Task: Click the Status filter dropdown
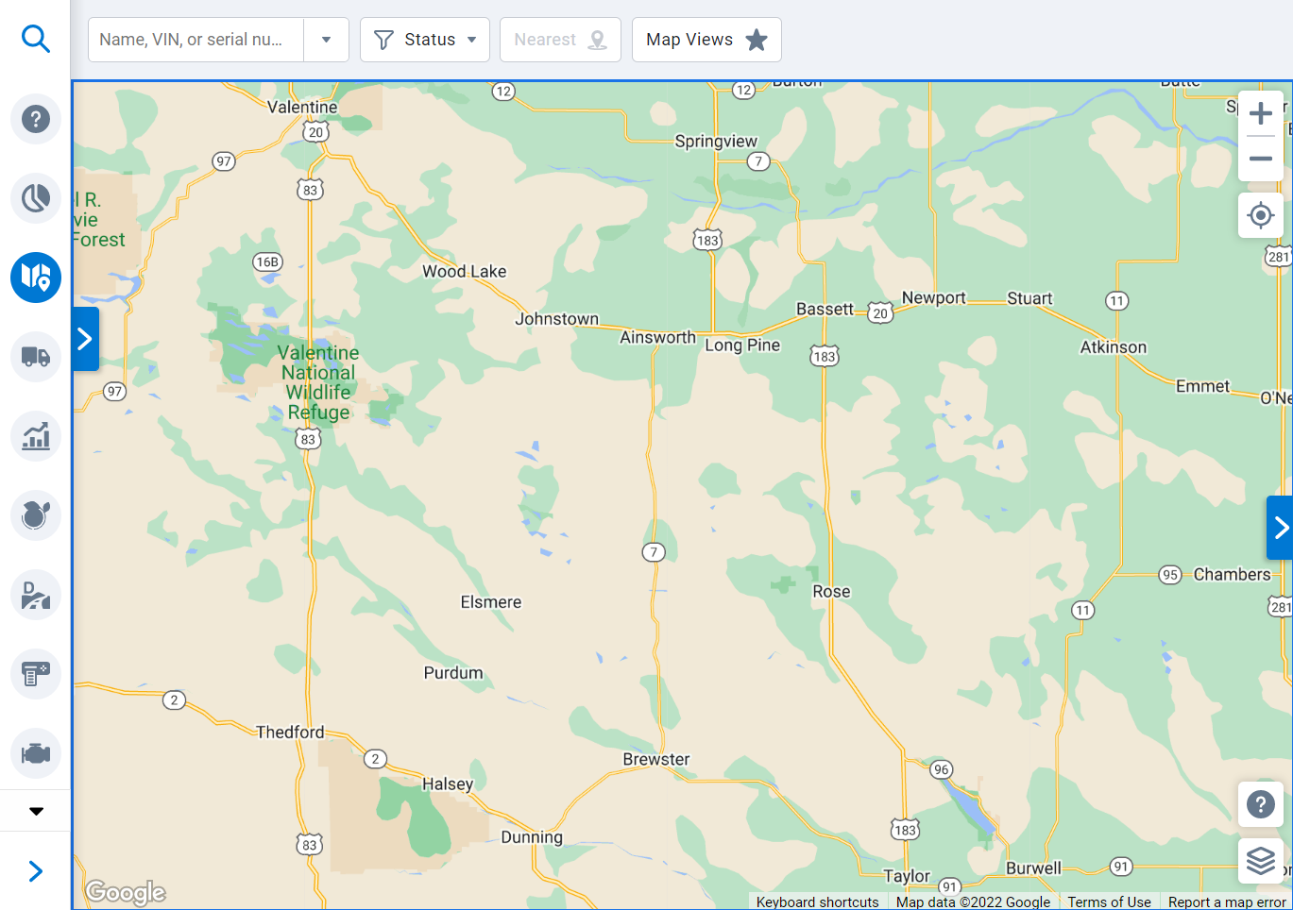[x=424, y=40]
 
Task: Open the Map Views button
[x=706, y=40]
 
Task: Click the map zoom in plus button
[x=1260, y=114]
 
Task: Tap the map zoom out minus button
[x=1260, y=159]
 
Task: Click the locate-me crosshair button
[x=1260, y=215]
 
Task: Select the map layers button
[x=1260, y=860]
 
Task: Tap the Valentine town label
[x=302, y=107]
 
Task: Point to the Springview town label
[x=716, y=142]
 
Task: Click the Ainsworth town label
[x=657, y=337]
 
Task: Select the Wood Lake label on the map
[x=464, y=272]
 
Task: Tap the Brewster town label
[x=655, y=759]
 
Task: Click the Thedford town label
[x=290, y=732]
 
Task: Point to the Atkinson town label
[x=1113, y=347]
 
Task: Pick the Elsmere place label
[x=490, y=602]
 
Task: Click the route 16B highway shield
[x=267, y=261]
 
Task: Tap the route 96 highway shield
[x=941, y=769]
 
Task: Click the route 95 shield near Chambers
[x=1170, y=575]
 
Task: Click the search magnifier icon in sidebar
[x=35, y=39]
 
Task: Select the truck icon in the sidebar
[x=35, y=357]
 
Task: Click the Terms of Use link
[x=1109, y=902]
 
